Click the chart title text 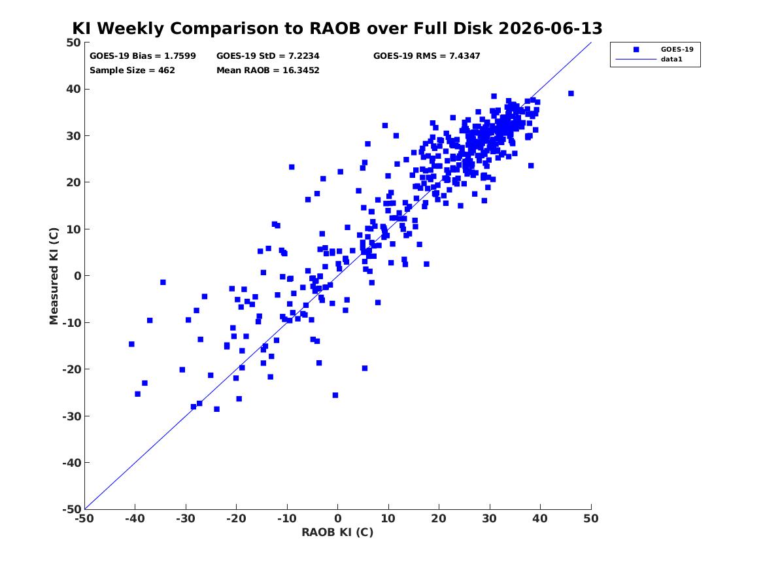pos(337,28)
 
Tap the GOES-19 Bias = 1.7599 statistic pos(143,56)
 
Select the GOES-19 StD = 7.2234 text pos(268,56)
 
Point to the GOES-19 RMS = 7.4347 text pos(427,56)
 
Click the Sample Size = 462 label pos(132,70)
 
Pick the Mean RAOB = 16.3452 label pos(268,70)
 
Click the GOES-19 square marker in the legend pos(636,49)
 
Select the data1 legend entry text pos(671,59)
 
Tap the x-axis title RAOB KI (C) pos(338,532)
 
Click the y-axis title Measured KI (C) pos(54,276)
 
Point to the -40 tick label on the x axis pos(135,518)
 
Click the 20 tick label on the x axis pos(439,518)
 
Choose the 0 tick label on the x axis pos(338,518)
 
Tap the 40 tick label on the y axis pos(73,89)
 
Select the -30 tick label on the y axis pos(71,416)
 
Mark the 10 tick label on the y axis pos(73,229)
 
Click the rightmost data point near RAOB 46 pos(571,93)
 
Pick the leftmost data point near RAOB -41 pos(131,344)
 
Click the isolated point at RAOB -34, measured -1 pos(163,282)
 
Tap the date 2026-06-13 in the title pos(551,28)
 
